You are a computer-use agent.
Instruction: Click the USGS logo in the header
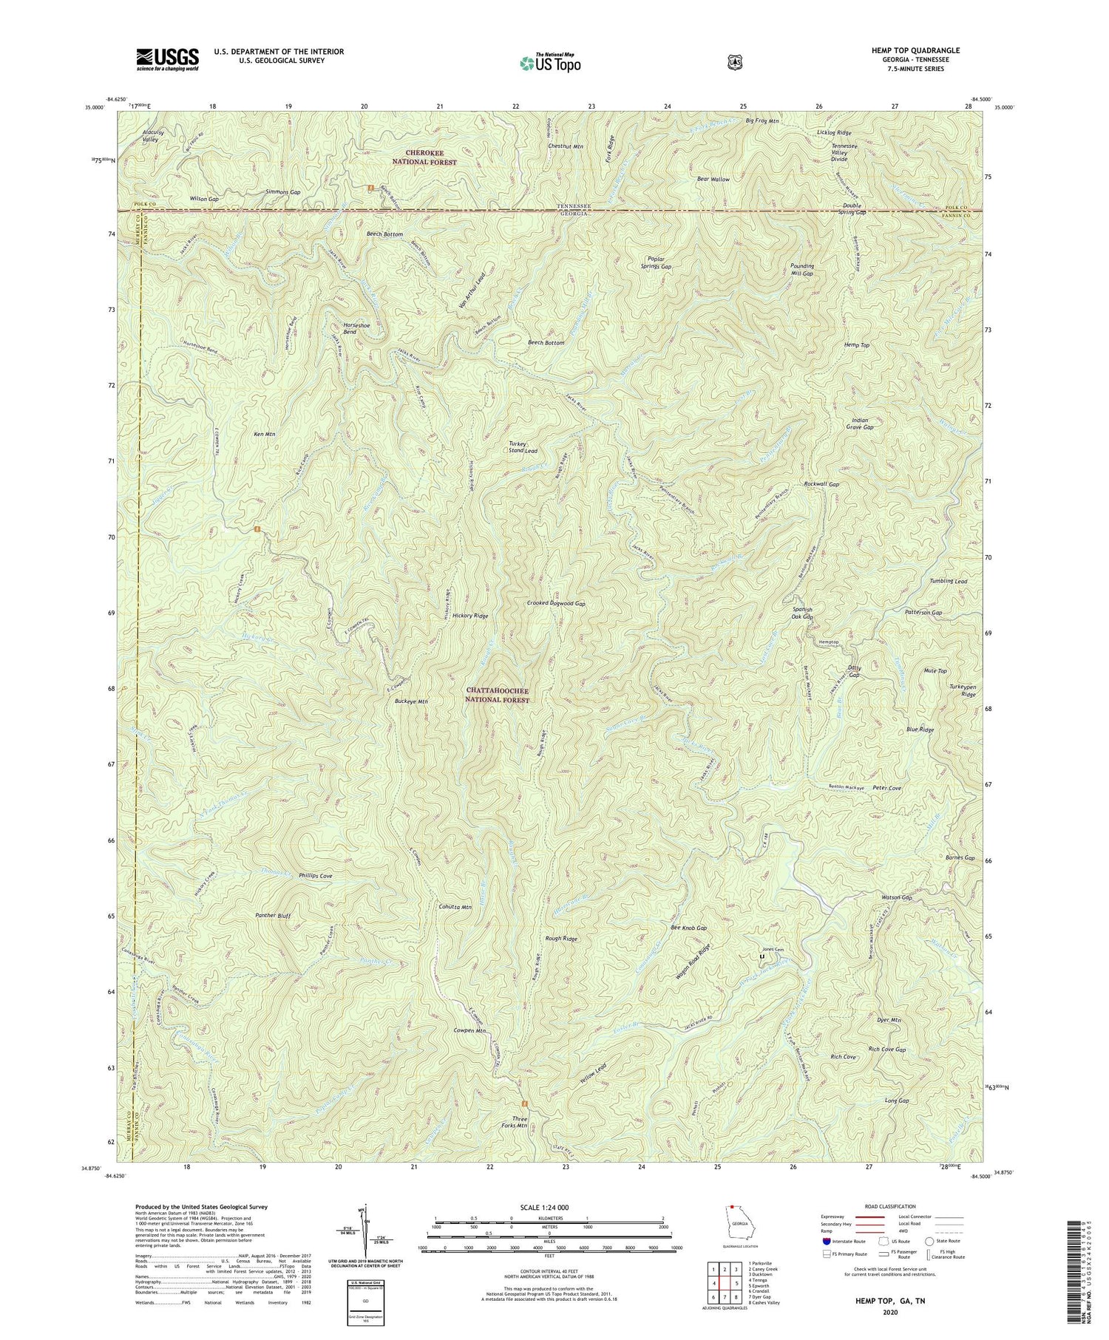(167, 59)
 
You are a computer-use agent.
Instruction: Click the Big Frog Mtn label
(762, 120)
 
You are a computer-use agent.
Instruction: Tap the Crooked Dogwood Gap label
(556, 604)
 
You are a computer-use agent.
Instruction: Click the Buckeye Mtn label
(411, 701)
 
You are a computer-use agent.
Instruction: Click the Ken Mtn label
(264, 434)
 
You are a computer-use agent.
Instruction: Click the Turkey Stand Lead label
(522, 447)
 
